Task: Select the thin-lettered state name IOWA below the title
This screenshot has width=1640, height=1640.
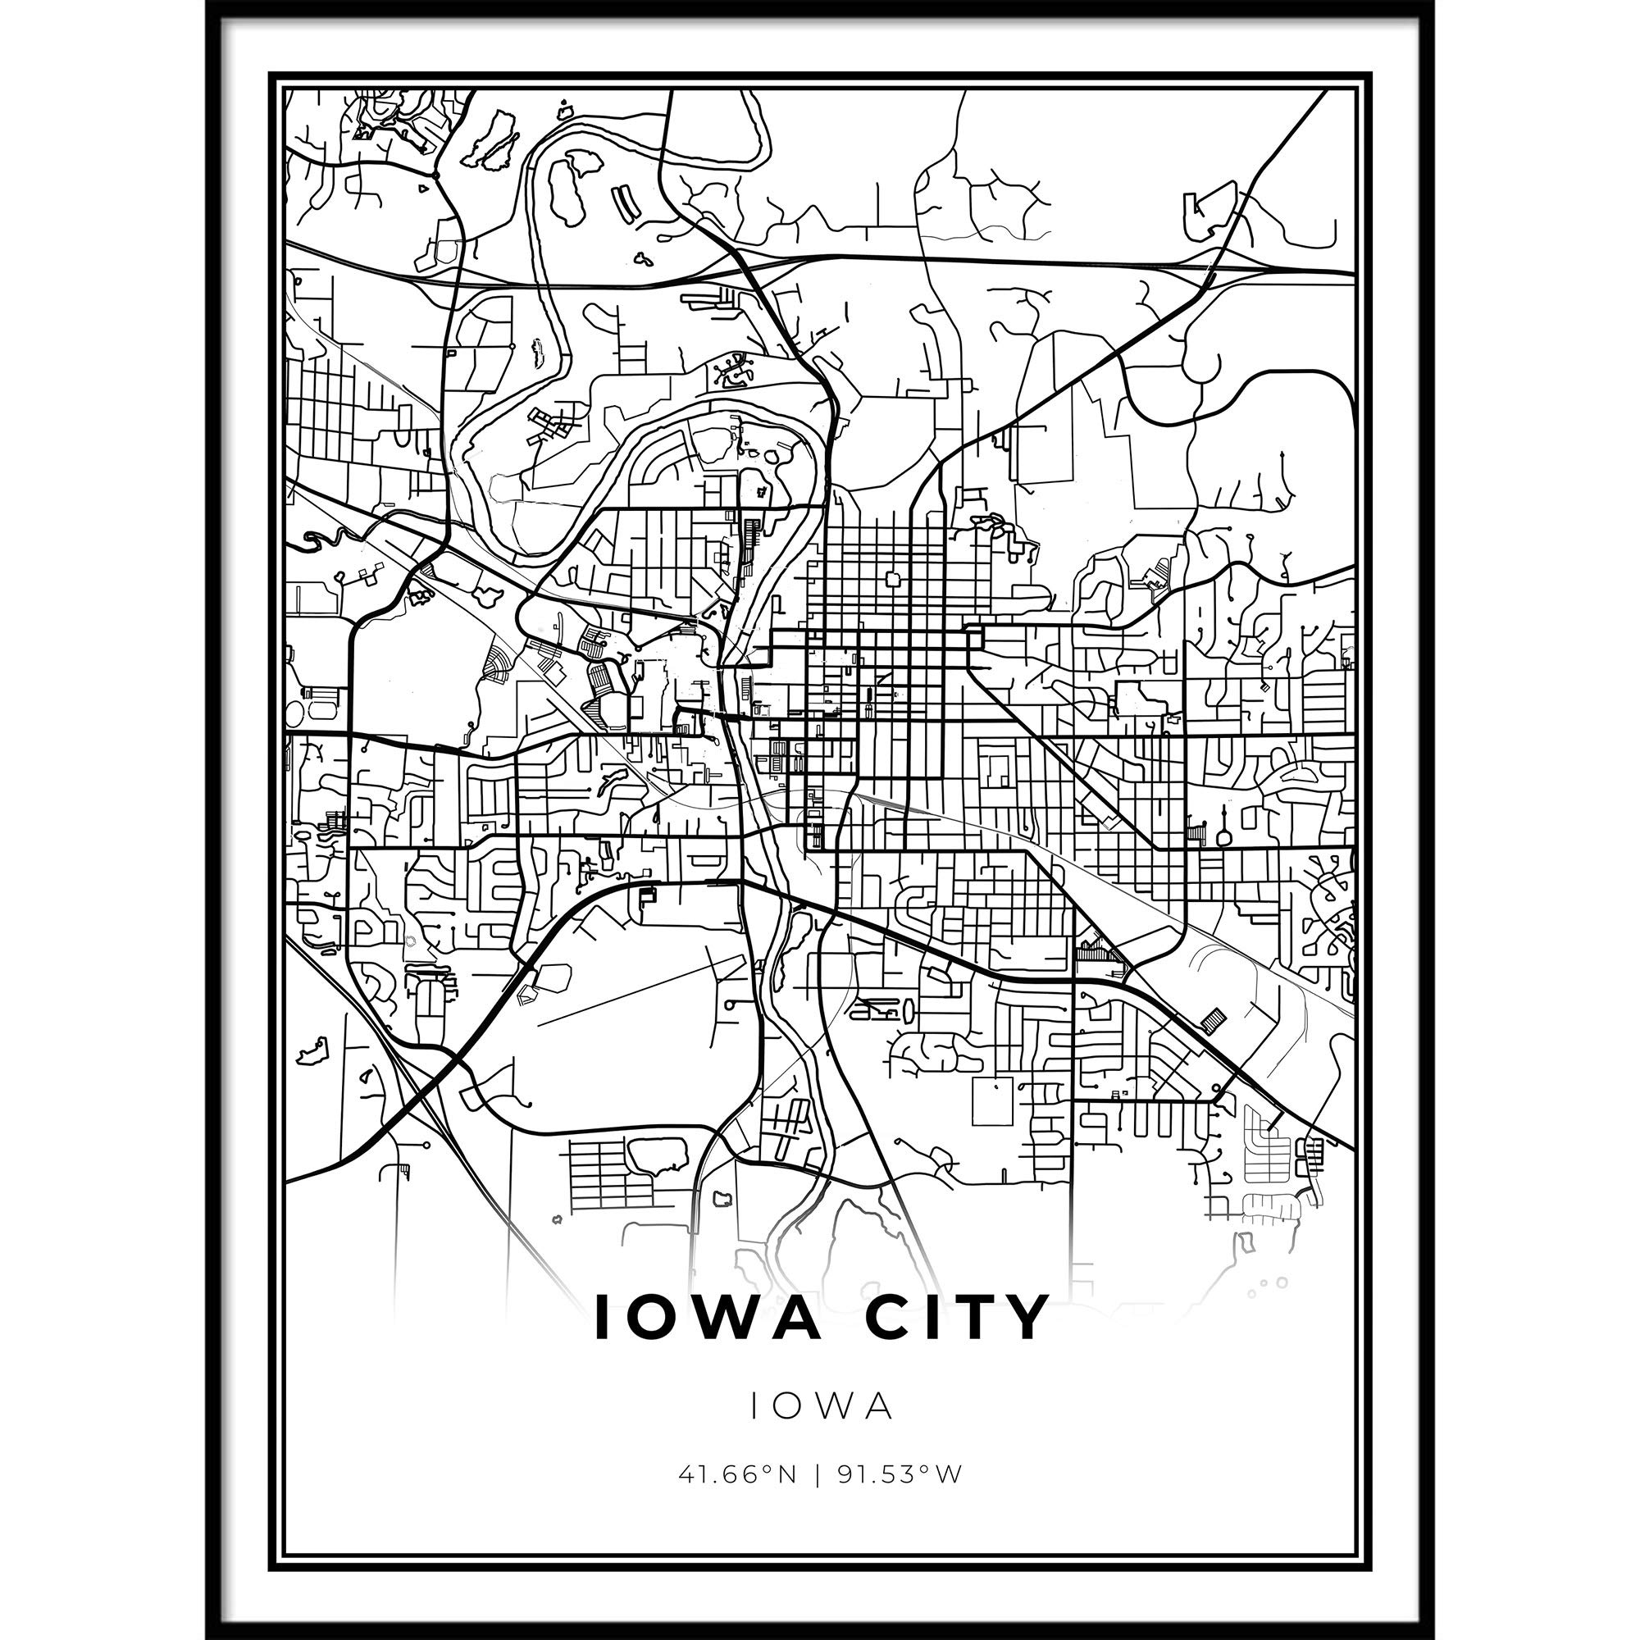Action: (x=820, y=1406)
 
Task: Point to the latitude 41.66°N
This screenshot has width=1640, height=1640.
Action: (x=738, y=1474)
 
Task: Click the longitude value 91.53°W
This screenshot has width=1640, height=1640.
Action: (x=900, y=1474)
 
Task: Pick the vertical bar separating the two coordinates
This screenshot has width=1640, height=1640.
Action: (x=818, y=1474)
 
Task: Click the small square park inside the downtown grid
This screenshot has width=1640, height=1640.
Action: (x=892, y=580)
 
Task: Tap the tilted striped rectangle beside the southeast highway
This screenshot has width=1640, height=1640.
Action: (x=1214, y=1019)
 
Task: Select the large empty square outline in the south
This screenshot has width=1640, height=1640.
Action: (x=992, y=1101)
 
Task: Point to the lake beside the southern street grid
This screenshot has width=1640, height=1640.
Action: (x=657, y=1155)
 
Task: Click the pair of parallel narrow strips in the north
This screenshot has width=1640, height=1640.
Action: (x=624, y=203)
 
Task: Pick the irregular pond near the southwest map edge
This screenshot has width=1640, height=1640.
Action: (x=312, y=1051)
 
